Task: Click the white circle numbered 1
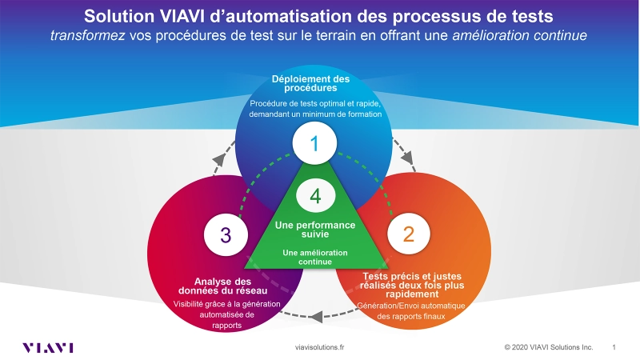tap(314, 144)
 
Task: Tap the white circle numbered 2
tap(409, 234)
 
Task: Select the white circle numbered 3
tap(226, 234)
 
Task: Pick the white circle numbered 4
tap(315, 195)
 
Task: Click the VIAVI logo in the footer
tap(48, 347)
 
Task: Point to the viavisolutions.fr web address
tap(320, 348)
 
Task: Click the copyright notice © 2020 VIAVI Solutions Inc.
tap(548, 348)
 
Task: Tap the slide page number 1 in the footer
tap(614, 348)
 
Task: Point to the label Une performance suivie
tap(315, 230)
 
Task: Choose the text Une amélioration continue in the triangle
tap(315, 257)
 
